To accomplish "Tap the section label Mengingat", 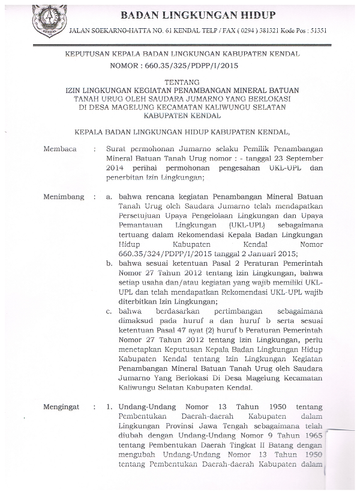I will tap(62, 407).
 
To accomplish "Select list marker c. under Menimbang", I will tap(110, 313).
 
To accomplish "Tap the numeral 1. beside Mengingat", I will tap(110, 407).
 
